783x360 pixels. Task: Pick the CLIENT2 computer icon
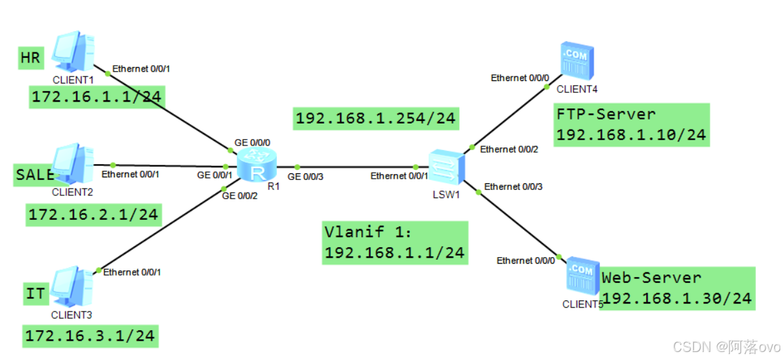73,165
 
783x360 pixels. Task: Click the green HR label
31,58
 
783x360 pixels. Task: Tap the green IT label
35,293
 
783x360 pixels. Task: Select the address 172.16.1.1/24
97,97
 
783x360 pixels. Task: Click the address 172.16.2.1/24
93,214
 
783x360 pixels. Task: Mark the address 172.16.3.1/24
90,336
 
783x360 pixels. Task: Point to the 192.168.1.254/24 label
376,118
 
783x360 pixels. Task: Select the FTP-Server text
606,114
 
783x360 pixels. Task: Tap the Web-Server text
651,278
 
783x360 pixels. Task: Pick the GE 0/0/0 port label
252,143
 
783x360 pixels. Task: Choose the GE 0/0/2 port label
240,196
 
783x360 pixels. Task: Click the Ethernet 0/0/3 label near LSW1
513,187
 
